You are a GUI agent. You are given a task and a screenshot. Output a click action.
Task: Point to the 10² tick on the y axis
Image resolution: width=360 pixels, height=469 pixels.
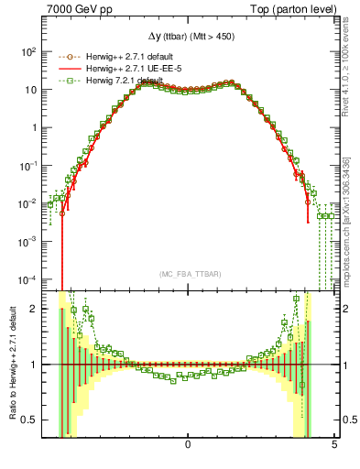28,51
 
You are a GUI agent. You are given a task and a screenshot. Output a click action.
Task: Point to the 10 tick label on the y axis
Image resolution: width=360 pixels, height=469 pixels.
30,89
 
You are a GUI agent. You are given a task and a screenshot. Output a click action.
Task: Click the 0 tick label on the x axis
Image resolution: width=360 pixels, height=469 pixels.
188,445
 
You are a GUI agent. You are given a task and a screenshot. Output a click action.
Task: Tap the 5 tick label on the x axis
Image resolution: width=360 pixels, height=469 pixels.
334,445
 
